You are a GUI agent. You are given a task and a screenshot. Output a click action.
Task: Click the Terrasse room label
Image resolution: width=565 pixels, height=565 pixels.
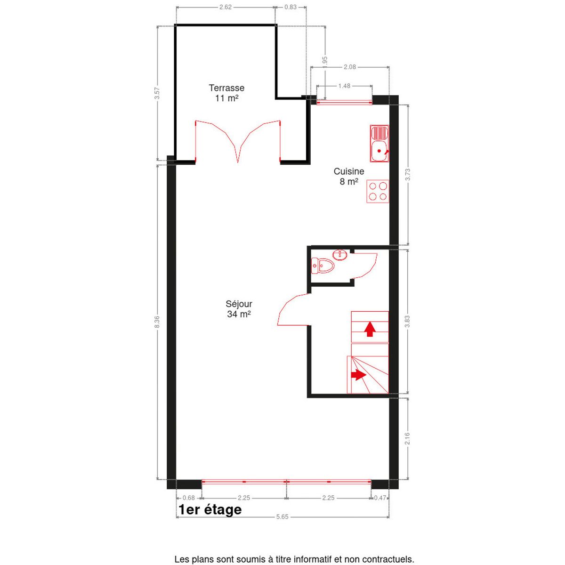coord(226,93)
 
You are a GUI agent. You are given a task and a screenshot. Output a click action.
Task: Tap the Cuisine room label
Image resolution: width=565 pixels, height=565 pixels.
coord(349,176)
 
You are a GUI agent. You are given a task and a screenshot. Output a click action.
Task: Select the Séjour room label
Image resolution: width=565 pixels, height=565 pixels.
coord(239,309)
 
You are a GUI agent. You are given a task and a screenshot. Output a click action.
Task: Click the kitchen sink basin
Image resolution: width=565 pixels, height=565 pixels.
coord(379,151)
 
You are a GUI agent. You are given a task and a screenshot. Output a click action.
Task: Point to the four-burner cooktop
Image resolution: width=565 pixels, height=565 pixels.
coord(378,191)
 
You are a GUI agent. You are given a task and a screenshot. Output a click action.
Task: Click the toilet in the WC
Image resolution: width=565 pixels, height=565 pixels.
coord(322,266)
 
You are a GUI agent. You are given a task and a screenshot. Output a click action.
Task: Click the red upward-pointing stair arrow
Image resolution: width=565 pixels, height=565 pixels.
coord(370,329)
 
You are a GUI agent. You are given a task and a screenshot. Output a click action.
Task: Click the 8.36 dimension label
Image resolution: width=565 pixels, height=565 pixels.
coord(157,322)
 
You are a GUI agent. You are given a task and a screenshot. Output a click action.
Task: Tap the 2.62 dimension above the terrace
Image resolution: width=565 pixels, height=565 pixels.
coord(226,7)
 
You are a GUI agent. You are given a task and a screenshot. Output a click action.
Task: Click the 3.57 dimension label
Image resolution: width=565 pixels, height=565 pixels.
coord(157,93)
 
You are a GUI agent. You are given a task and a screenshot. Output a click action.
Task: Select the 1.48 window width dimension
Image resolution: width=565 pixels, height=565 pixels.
coord(344,86)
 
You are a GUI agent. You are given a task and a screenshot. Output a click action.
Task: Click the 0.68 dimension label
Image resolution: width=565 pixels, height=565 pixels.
coord(188,498)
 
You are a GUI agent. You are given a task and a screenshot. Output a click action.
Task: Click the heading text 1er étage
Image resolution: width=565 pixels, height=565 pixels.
coord(210,510)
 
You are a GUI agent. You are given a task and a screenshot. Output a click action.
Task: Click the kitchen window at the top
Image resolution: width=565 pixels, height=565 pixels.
coord(344,102)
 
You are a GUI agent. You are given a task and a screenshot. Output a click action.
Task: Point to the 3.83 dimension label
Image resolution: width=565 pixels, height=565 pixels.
coord(407,322)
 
